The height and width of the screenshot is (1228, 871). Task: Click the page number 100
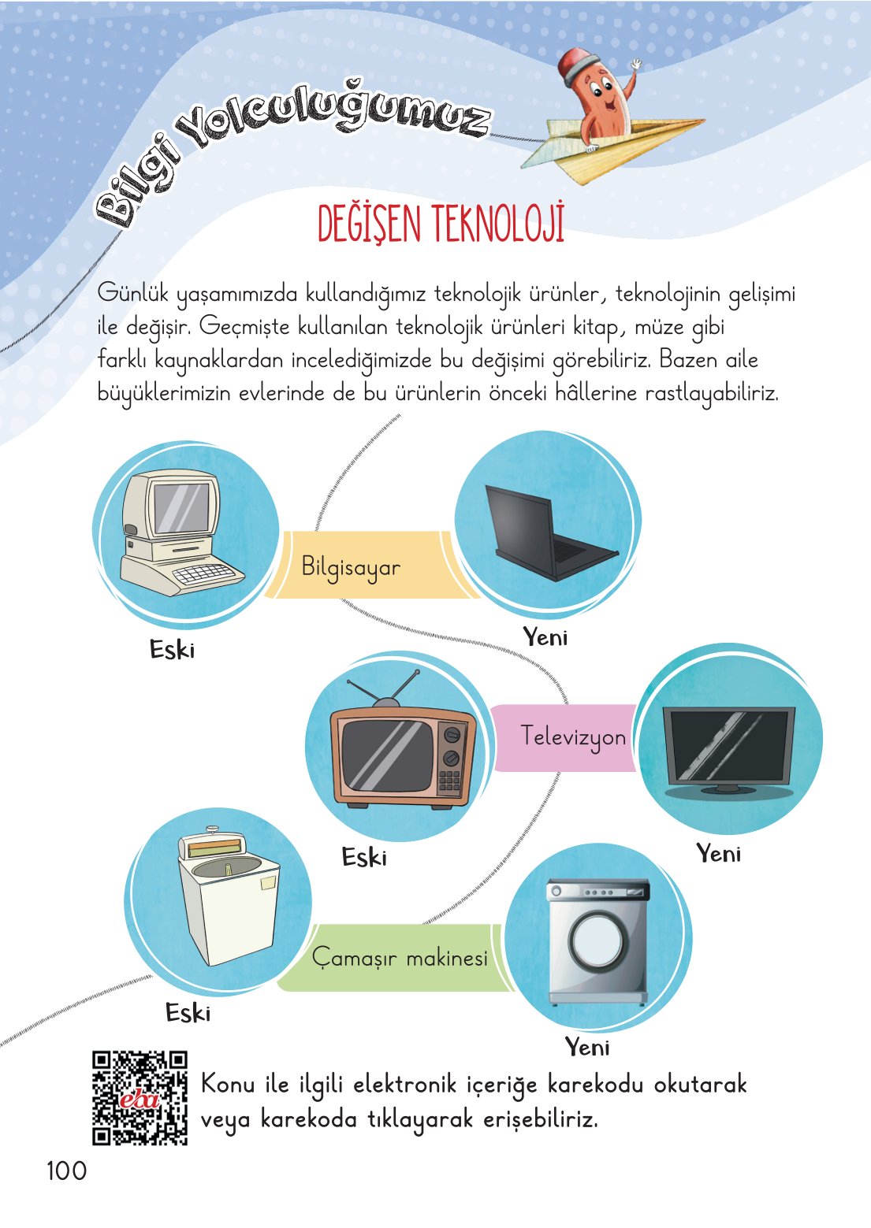point(66,1170)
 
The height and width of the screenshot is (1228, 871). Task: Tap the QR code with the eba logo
point(140,1097)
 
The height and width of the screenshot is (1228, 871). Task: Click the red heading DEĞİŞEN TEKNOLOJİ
point(441,224)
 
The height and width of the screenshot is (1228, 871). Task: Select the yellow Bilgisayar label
point(352,567)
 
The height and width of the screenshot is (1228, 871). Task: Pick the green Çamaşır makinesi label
point(400,958)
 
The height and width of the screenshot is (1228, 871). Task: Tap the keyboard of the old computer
point(207,574)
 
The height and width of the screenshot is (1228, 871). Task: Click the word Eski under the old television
point(364,857)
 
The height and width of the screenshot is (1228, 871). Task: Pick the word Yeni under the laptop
point(545,636)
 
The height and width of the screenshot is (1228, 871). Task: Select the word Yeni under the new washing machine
point(587,1047)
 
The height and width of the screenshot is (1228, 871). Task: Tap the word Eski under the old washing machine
point(188,1012)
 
